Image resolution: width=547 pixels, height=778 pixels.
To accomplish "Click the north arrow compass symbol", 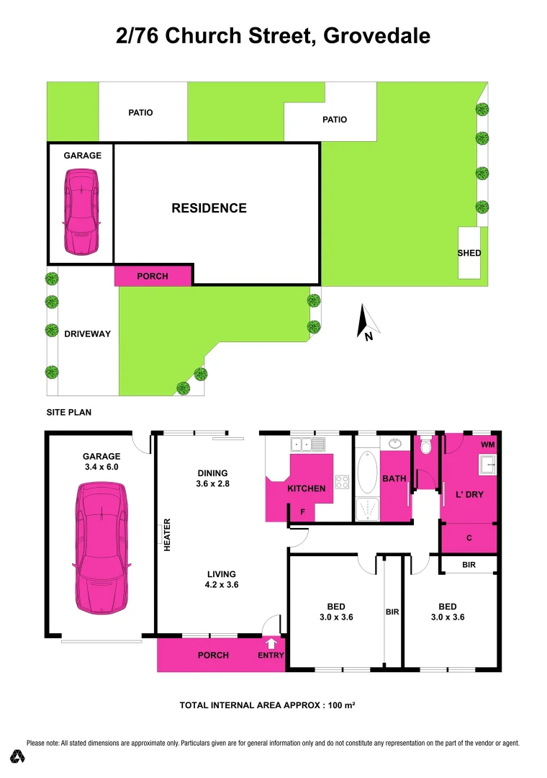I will point(366,321).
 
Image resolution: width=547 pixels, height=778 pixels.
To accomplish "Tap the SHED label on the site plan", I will point(469,253).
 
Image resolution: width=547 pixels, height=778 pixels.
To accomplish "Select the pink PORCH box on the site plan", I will point(153,275).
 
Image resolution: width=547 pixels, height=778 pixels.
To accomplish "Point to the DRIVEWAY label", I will point(88,334).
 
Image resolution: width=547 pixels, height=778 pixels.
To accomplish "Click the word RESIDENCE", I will point(209,208).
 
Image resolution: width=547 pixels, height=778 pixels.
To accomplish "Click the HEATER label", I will point(167,535).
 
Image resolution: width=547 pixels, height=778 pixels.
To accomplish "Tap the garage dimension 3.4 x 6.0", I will point(101,467).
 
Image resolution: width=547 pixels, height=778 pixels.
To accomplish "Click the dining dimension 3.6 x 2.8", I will point(213,483).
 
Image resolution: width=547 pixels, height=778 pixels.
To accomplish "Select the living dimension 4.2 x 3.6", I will point(222,584).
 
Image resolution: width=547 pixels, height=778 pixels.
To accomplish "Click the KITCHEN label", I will point(307,488).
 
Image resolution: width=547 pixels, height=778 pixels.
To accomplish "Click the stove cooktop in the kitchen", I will point(341,483).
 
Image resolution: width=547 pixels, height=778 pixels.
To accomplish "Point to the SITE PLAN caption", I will point(69,413).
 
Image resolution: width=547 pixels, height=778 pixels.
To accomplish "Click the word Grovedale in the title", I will point(377,35).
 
